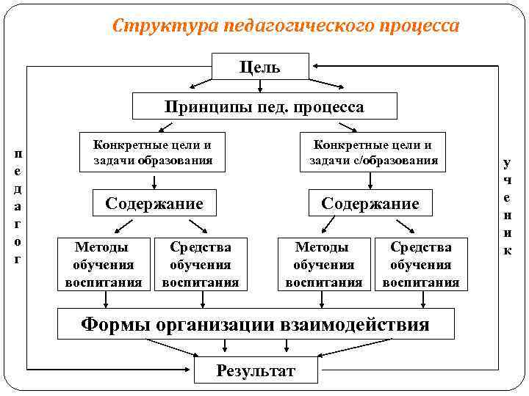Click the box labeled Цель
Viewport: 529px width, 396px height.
tap(249, 67)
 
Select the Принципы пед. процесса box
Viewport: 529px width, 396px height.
tap(264, 107)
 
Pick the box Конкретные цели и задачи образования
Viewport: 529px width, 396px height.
tap(153, 153)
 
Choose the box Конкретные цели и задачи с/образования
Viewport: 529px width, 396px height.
tap(373, 153)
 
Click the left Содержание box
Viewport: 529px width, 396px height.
tap(154, 203)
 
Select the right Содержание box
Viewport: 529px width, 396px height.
tap(370, 203)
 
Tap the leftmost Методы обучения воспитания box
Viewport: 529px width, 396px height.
tap(104, 264)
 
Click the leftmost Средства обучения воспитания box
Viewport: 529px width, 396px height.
tap(201, 264)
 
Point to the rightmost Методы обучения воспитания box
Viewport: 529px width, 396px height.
tap(323, 264)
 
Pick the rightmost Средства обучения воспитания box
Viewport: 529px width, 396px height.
tap(421, 264)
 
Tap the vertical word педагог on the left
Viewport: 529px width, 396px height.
tap(18, 205)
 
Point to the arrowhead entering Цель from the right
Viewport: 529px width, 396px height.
tap(292, 67)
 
